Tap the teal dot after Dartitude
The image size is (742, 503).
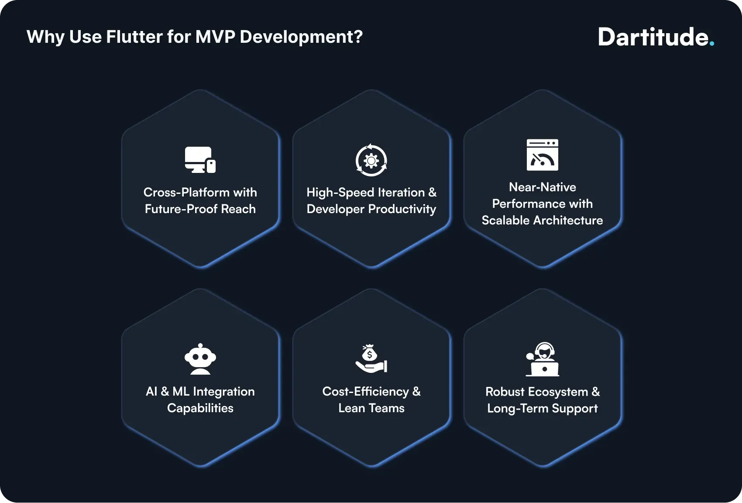click(x=712, y=44)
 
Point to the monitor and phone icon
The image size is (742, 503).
click(x=200, y=160)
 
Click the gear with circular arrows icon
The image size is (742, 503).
click(x=371, y=160)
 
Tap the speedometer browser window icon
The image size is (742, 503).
click(x=542, y=155)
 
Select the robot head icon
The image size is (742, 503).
click(x=200, y=359)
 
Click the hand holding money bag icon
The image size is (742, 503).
click(x=371, y=359)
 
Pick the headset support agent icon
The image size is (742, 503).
click(x=542, y=359)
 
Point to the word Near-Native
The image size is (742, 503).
click(x=542, y=187)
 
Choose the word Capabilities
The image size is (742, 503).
click(x=200, y=408)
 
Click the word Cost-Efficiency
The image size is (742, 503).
click(x=365, y=392)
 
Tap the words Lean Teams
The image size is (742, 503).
click(x=371, y=408)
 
